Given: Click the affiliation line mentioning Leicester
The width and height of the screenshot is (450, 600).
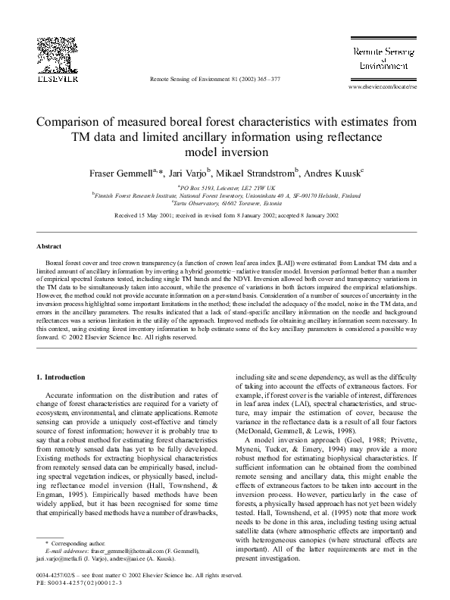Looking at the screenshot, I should (226, 187).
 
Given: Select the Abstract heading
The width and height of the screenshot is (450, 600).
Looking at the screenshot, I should (49, 247).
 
